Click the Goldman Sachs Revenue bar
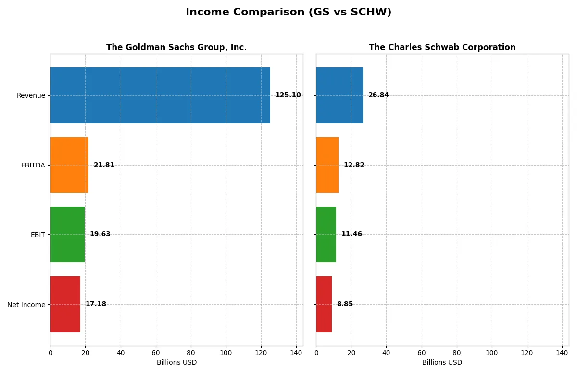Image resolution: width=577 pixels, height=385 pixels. pos(160,95)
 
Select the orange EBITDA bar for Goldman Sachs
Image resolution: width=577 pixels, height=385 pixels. pos(69,165)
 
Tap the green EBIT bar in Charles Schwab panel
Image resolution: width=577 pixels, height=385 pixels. pos(326,234)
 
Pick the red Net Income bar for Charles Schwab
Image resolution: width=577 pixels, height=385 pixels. pos(324,304)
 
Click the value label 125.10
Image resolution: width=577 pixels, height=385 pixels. pos(288,95)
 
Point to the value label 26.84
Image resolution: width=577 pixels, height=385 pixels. pos(378,95)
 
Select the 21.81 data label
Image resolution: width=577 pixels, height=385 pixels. pos(104,165)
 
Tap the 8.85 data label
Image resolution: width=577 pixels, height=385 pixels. pos(345,304)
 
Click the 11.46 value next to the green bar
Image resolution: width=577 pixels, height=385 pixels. pos(351,234)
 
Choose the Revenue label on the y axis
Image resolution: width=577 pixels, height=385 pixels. pos(31,95)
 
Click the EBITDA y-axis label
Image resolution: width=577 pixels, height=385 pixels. pos(33,165)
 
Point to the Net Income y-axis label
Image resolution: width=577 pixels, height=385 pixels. pos(26,305)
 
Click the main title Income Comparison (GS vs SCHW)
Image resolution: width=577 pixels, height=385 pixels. pos(288,12)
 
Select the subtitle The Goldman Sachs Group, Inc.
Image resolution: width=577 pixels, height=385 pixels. pos(176,47)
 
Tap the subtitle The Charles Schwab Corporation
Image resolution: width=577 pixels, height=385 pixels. pos(442,47)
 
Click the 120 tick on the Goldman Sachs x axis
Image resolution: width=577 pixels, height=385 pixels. pos(261,352)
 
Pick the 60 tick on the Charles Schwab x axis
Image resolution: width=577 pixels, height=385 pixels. pos(422,352)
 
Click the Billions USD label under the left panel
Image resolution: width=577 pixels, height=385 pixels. pos(176,362)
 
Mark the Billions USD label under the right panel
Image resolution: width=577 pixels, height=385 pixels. pos(442,362)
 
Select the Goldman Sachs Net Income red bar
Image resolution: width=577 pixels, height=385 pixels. pos(65,304)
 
